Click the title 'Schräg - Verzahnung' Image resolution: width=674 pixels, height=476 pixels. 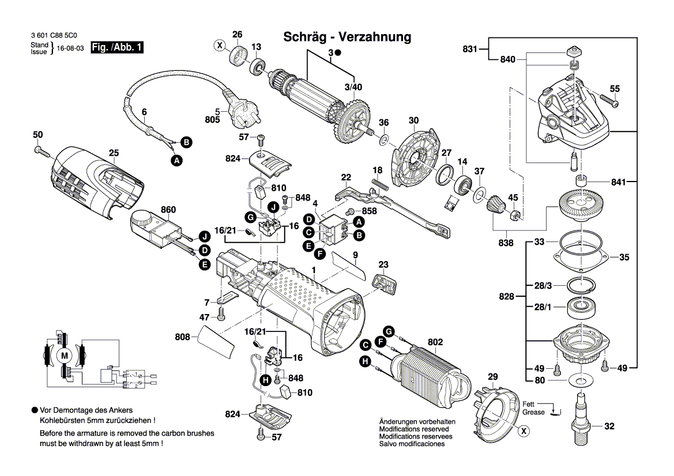(347, 37)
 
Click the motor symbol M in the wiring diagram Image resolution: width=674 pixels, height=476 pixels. (65, 356)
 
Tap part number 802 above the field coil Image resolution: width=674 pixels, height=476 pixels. (435, 342)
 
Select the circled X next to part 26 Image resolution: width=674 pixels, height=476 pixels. (219, 45)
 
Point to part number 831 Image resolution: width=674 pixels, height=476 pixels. (470, 50)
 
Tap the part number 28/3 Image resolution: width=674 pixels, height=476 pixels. (543, 286)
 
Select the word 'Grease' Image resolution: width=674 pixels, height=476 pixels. (533, 413)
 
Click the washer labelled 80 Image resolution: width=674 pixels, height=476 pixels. (581, 381)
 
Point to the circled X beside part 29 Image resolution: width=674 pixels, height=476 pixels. (524, 430)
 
